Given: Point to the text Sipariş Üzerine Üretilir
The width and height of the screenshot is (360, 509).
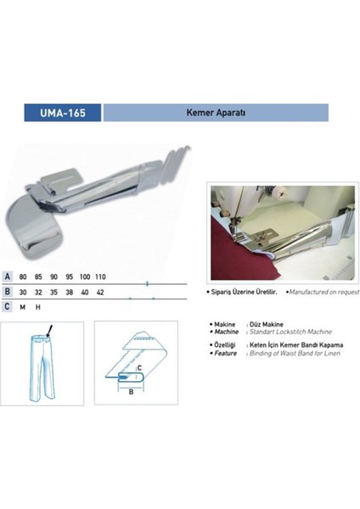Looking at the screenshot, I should pos(249,290).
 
